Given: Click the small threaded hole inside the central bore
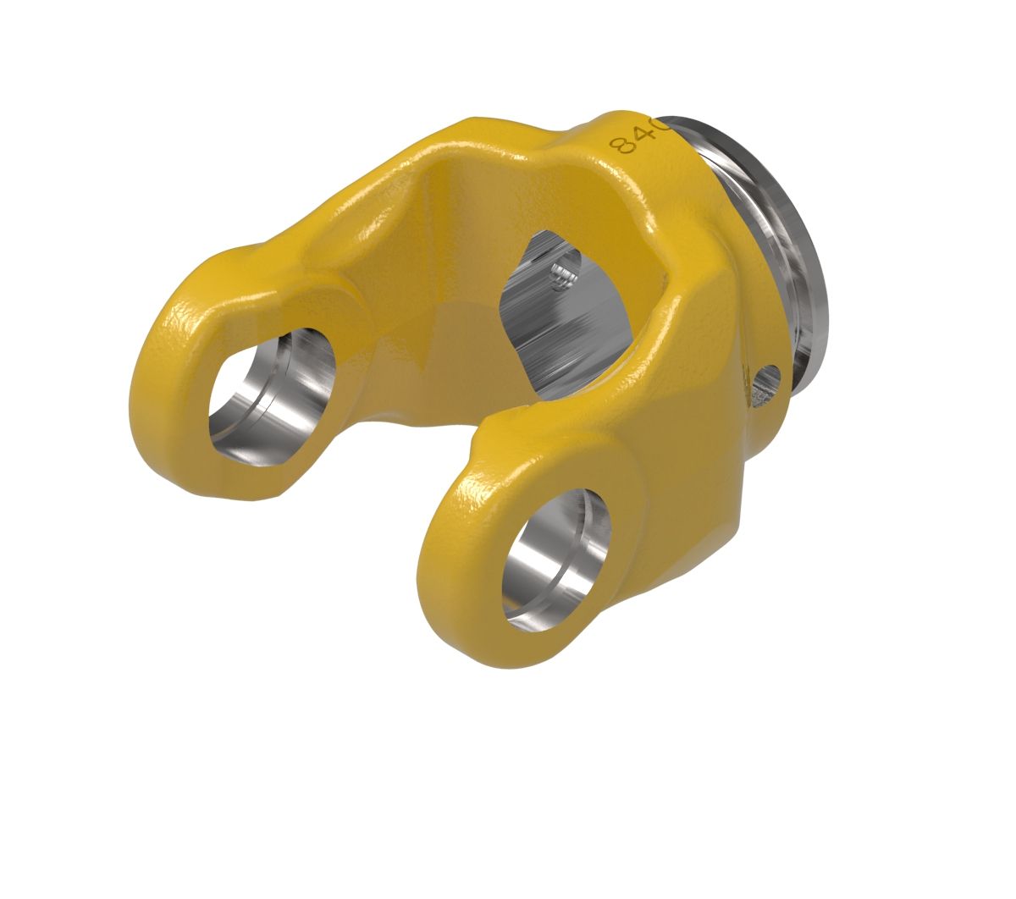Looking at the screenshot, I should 560,273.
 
